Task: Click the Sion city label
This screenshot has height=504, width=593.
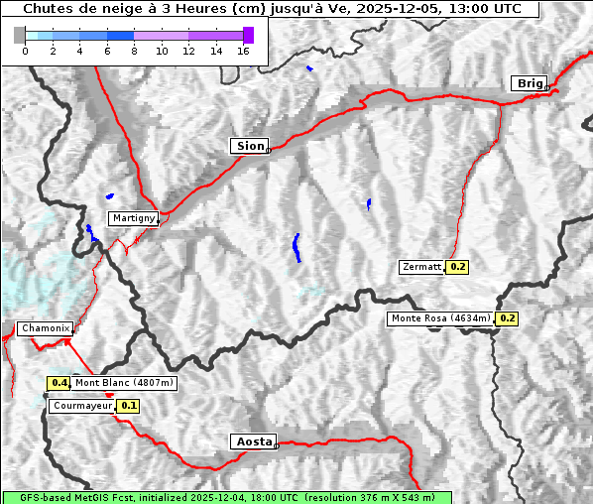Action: (250, 146)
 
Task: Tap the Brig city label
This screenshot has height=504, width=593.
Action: (529, 83)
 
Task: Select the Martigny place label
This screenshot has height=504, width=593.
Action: (132, 218)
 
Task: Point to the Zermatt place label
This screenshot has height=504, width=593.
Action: (421, 267)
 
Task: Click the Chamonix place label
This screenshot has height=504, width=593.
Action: (45, 328)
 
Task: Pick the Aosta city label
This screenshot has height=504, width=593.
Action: (252, 441)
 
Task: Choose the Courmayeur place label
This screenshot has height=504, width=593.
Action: (81, 406)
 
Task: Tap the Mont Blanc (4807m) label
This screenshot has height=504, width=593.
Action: (124, 383)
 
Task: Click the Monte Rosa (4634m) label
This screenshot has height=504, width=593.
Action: (440, 318)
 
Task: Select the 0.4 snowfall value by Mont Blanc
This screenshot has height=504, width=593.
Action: (59, 383)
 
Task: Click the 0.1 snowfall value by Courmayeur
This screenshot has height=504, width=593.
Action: (129, 406)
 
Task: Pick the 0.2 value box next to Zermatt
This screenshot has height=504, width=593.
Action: (457, 267)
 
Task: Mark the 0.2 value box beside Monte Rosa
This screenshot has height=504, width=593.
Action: (507, 318)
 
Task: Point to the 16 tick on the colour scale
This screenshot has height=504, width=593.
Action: (243, 51)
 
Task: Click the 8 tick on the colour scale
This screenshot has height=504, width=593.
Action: (134, 51)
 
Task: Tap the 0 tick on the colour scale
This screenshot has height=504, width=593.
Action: (25, 51)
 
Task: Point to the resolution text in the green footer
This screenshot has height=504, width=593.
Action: (369, 497)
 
